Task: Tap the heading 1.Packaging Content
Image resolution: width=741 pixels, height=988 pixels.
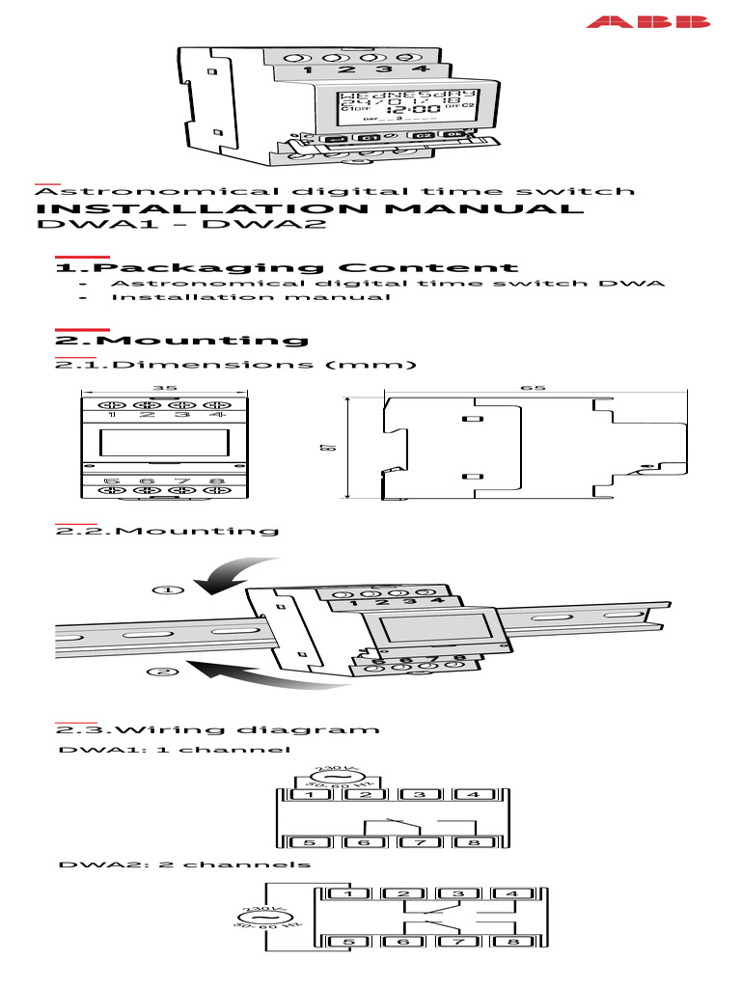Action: click(287, 268)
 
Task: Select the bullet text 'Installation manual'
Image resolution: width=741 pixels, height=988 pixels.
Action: click(251, 297)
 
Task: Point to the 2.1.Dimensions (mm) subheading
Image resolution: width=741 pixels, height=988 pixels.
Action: click(235, 365)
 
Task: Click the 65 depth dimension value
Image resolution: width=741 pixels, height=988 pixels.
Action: click(534, 388)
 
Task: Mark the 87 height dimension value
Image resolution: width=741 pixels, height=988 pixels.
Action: click(354, 447)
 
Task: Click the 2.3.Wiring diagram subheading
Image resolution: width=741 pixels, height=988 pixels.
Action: click(217, 729)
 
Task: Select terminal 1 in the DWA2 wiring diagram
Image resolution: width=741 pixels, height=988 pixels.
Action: click(351, 893)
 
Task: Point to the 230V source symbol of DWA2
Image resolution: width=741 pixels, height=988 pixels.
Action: click(260, 918)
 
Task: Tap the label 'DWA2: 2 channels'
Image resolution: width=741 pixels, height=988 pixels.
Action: click(184, 864)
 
